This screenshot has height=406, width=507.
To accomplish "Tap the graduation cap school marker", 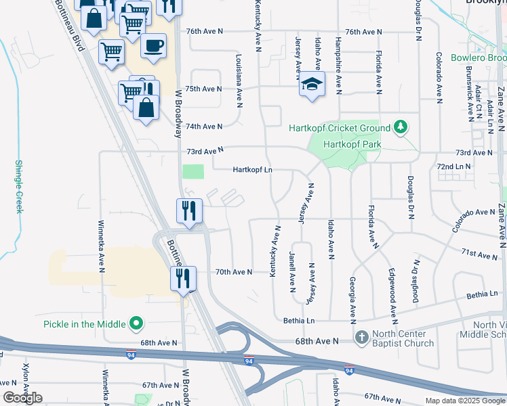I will pos(312,84).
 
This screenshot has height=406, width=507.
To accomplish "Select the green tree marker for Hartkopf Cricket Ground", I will pos(401,127).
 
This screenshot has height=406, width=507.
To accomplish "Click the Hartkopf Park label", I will pos(352,144).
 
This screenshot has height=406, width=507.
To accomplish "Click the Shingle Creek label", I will pos(19,187).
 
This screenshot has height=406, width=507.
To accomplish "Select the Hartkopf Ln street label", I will pos(252,170).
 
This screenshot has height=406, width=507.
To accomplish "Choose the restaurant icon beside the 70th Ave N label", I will pos(182,277).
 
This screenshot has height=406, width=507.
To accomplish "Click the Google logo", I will pos(23,398).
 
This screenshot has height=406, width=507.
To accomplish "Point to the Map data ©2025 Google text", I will pos(464,401).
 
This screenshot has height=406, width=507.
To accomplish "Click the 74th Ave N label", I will pos(204,127).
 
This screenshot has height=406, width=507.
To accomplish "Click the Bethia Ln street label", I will pos(300,320).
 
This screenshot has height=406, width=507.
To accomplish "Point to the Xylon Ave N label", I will pos(26,383).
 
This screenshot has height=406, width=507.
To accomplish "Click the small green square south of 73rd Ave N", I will pos(193,171).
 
